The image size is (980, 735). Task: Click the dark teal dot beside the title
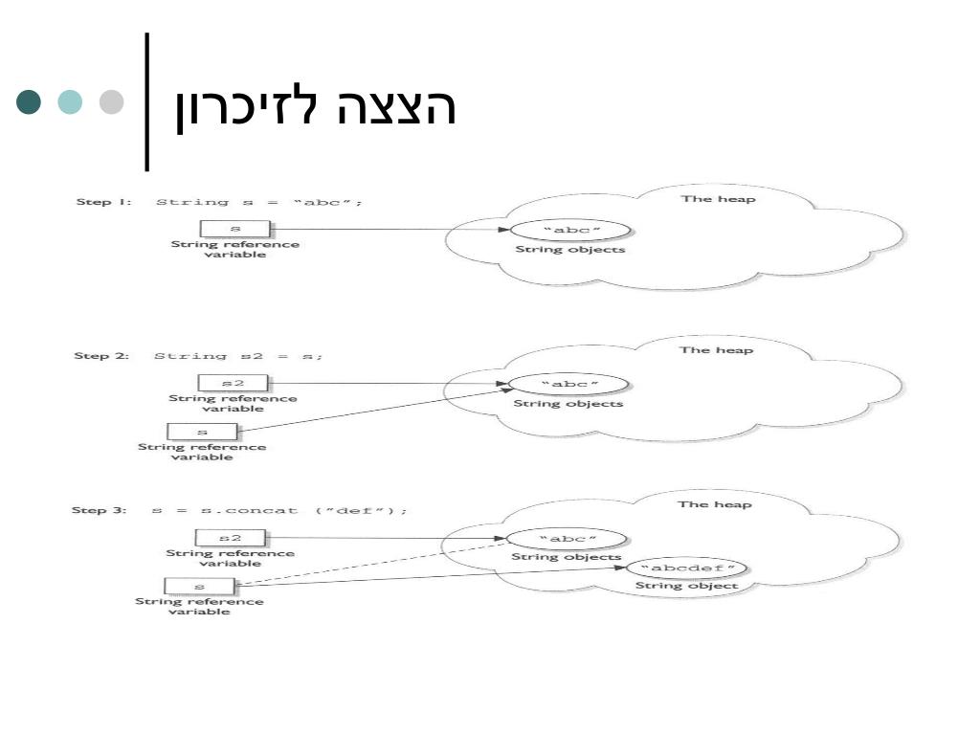click(x=31, y=102)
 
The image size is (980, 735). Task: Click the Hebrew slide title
click(x=315, y=107)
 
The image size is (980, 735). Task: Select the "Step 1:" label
click(x=102, y=202)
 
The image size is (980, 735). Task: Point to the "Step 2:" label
click(x=100, y=356)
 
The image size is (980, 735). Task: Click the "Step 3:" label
click(x=99, y=510)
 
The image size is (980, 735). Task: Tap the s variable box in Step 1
click(x=234, y=230)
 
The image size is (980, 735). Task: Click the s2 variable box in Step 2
click(x=233, y=383)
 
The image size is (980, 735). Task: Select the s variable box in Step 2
click(x=202, y=432)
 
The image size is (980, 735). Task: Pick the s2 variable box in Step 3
click(x=231, y=538)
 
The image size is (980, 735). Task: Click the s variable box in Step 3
click(x=199, y=586)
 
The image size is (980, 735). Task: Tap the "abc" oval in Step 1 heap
click(x=570, y=231)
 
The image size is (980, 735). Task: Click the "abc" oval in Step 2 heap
click(x=568, y=385)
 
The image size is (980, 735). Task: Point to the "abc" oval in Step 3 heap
click(x=567, y=539)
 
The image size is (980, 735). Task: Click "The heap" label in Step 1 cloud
click(x=718, y=199)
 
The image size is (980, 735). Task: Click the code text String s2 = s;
click(x=239, y=356)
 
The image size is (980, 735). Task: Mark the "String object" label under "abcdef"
click(x=687, y=586)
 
